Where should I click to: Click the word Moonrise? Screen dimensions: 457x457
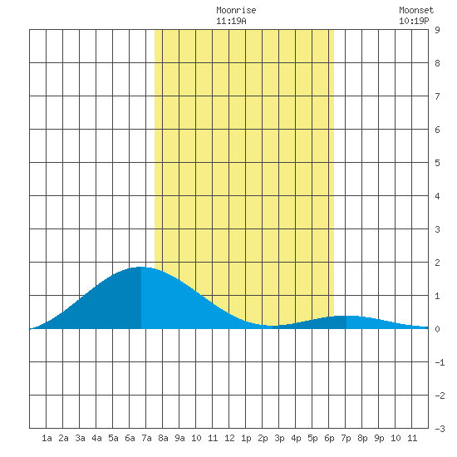[x=236, y=10]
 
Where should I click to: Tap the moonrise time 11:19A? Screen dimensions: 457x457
[x=231, y=21]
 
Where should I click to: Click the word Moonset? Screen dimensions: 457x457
[x=416, y=10]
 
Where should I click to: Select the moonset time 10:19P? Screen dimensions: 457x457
[x=414, y=21]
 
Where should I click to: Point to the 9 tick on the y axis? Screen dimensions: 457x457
[x=437, y=30]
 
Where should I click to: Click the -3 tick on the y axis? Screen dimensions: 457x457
[x=440, y=429]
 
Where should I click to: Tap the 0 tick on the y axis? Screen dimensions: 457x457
[x=437, y=329]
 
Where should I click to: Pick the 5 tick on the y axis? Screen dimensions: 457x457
[x=437, y=163]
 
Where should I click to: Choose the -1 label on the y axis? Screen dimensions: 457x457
[x=440, y=362]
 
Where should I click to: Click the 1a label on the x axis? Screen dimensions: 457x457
[x=47, y=438]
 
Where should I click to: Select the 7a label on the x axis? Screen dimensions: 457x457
[x=146, y=438]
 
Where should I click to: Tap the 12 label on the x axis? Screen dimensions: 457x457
[x=229, y=438]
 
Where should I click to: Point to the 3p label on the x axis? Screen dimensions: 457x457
[x=279, y=438]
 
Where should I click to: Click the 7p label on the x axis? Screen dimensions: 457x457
[x=346, y=438]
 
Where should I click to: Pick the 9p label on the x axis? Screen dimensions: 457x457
[x=379, y=438]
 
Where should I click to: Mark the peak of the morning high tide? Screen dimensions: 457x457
[x=141, y=267]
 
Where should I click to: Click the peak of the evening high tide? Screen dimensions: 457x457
[x=346, y=316]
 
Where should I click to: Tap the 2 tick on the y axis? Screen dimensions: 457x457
[x=437, y=263]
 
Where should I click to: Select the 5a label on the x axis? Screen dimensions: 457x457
[x=113, y=438]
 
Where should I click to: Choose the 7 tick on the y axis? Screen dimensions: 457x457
[x=437, y=96]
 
